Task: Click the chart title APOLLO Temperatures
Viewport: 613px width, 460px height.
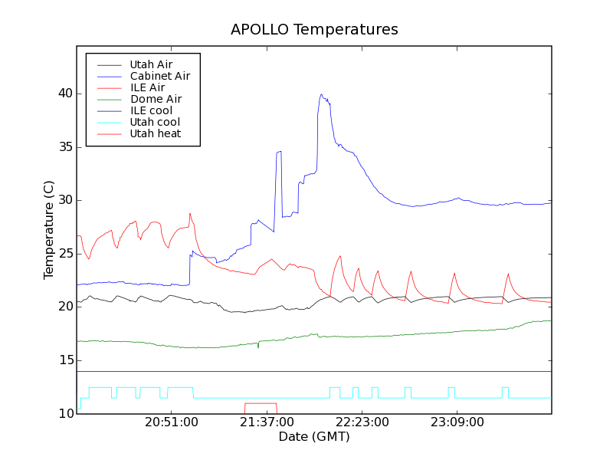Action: click(314, 30)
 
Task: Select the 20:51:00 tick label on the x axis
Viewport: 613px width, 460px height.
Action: click(172, 422)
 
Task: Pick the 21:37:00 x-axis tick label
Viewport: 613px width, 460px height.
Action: click(267, 422)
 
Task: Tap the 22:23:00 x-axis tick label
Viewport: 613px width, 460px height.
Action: click(362, 422)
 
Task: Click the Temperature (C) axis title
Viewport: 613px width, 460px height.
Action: click(49, 230)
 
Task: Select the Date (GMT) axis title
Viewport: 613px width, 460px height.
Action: click(314, 437)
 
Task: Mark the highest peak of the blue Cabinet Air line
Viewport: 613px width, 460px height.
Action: click(321, 94)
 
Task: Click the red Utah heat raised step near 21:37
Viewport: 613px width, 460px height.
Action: click(261, 403)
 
